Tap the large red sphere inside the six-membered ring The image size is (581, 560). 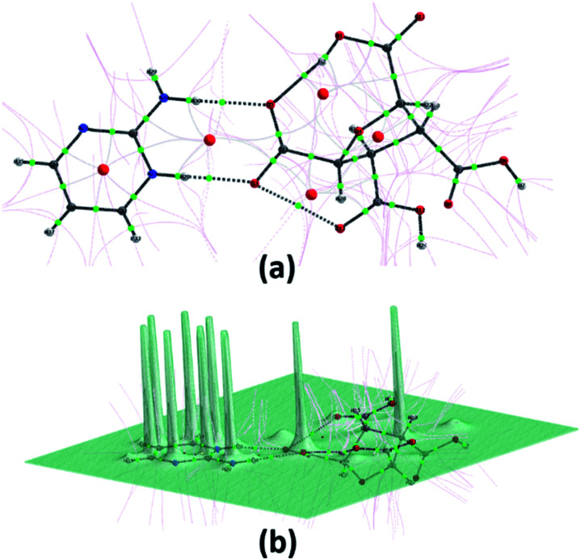(103, 170)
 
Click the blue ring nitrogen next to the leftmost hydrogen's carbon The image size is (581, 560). (84, 128)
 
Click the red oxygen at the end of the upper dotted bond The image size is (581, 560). (269, 104)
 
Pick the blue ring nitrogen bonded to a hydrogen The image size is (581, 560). (151, 174)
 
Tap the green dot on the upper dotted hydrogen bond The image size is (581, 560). (199, 101)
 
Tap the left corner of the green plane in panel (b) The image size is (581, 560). (25, 462)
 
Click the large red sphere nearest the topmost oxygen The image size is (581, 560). (323, 95)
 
